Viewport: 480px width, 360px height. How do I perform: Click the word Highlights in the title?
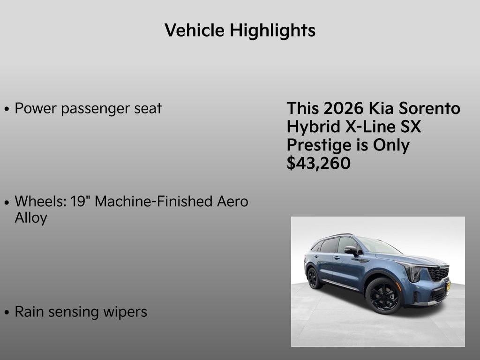click(x=272, y=31)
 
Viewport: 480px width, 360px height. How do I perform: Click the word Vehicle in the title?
click(x=195, y=31)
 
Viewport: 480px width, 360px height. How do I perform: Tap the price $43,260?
click(x=318, y=164)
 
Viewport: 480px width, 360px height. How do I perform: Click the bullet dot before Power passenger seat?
click(x=7, y=109)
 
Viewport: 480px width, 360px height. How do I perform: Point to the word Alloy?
click(x=31, y=218)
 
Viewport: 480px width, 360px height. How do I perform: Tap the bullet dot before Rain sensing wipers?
click(x=7, y=313)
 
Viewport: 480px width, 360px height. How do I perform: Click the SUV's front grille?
click(x=438, y=273)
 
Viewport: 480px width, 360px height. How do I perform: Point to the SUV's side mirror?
click(x=350, y=250)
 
